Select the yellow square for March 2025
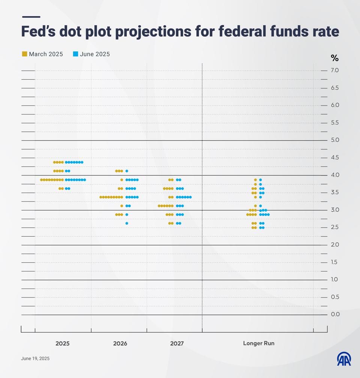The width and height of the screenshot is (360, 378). (x=24, y=54)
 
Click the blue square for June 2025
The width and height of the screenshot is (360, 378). (x=75, y=54)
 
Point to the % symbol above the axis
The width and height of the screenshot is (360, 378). (x=334, y=58)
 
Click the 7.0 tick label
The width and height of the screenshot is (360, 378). (x=335, y=70)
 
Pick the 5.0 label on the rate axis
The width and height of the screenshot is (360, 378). (x=335, y=140)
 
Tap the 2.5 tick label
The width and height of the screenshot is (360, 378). (x=335, y=227)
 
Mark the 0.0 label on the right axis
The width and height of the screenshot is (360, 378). (x=335, y=314)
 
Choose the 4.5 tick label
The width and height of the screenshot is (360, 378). (x=335, y=157)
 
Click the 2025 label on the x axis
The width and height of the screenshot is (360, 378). (x=62, y=343)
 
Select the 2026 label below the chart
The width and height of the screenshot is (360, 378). (x=120, y=343)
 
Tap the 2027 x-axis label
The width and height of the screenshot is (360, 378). (x=177, y=343)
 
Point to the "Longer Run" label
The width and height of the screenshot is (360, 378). (x=259, y=343)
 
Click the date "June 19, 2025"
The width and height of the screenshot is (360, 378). (x=35, y=358)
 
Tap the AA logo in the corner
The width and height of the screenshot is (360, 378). (x=344, y=359)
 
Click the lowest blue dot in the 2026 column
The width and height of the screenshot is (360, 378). (x=127, y=223)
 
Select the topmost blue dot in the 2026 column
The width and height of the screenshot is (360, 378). (x=127, y=171)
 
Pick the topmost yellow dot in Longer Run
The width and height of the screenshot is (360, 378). (x=256, y=180)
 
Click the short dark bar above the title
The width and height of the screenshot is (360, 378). (x=31, y=17)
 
